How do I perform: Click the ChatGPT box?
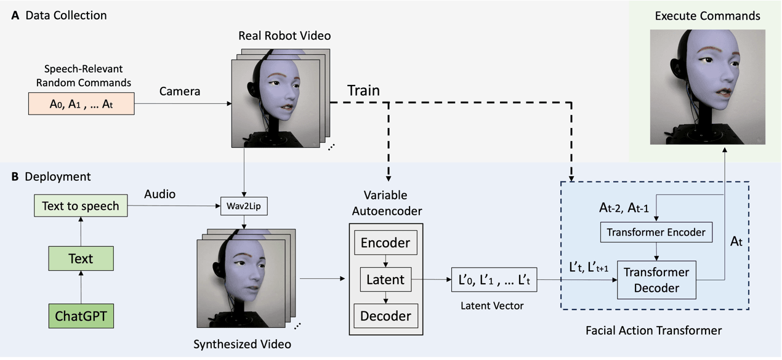(81, 316)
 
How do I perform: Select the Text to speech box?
(81, 206)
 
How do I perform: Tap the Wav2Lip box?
(245, 205)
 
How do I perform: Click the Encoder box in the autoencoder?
(385, 242)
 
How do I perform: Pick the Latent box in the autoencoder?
(385, 279)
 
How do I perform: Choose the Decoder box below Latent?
(385, 316)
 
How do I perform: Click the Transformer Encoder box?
(656, 232)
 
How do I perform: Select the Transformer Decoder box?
(656, 280)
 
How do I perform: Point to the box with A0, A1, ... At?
(81, 104)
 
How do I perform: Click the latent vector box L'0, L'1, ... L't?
(494, 280)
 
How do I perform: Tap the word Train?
(363, 90)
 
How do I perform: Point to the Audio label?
(159, 194)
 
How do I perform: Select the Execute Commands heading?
(707, 15)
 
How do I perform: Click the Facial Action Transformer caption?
(653, 330)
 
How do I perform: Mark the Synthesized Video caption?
(242, 343)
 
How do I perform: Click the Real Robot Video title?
(284, 36)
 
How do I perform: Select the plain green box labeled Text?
(81, 258)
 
